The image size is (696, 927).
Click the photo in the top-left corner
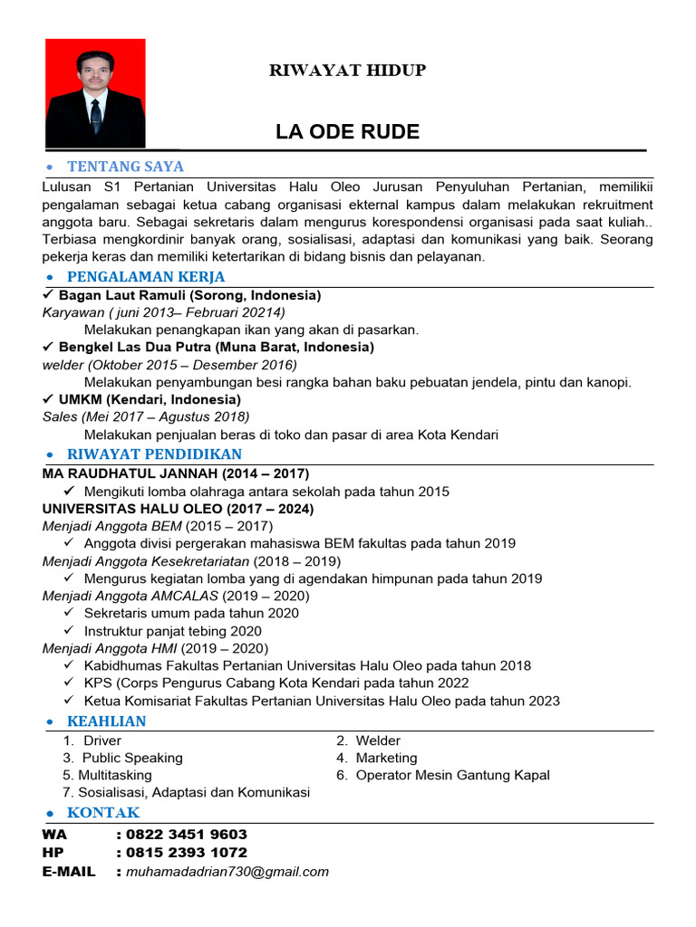click(x=95, y=92)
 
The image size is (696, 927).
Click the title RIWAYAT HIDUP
click(x=347, y=71)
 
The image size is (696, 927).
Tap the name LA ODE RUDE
click(x=347, y=132)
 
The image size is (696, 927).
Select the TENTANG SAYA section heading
click(x=125, y=167)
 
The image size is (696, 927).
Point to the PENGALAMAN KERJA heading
click(x=146, y=277)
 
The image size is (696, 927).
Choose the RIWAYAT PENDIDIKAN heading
click(x=154, y=454)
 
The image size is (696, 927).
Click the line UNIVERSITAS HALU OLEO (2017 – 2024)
click(x=179, y=509)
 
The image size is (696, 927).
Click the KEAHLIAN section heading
click(x=106, y=722)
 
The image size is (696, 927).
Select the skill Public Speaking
click(x=132, y=758)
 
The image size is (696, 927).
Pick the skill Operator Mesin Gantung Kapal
click(x=452, y=775)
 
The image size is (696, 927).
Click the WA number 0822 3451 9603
click(x=188, y=835)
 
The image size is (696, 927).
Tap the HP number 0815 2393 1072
click(x=188, y=853)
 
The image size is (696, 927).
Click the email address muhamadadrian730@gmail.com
click(x=227, y=872)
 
